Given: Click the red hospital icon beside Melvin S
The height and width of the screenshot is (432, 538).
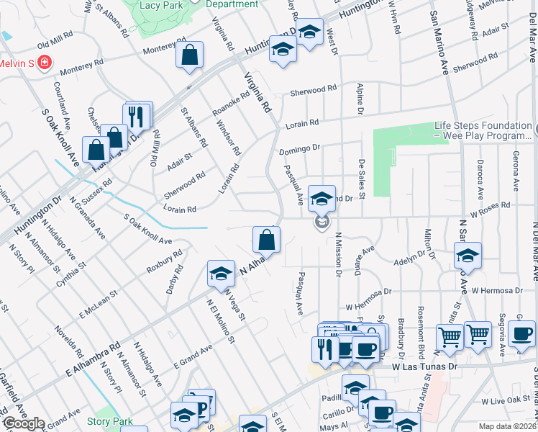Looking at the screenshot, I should pos(45,63).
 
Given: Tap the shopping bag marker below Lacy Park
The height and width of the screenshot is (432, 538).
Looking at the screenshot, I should pos(189,55).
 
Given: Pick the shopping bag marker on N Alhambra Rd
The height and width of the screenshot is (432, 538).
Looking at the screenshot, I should pos(266,239).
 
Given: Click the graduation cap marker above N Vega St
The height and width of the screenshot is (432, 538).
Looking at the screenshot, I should pos(221,273).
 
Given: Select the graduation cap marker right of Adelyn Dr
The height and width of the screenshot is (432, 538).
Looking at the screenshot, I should pos(468,256).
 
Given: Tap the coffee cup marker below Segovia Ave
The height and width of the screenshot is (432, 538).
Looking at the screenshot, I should pos(521,333).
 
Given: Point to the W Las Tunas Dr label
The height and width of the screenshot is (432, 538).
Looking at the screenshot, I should pos(424,366).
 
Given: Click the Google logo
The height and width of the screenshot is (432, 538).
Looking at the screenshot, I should pos(23,424).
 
